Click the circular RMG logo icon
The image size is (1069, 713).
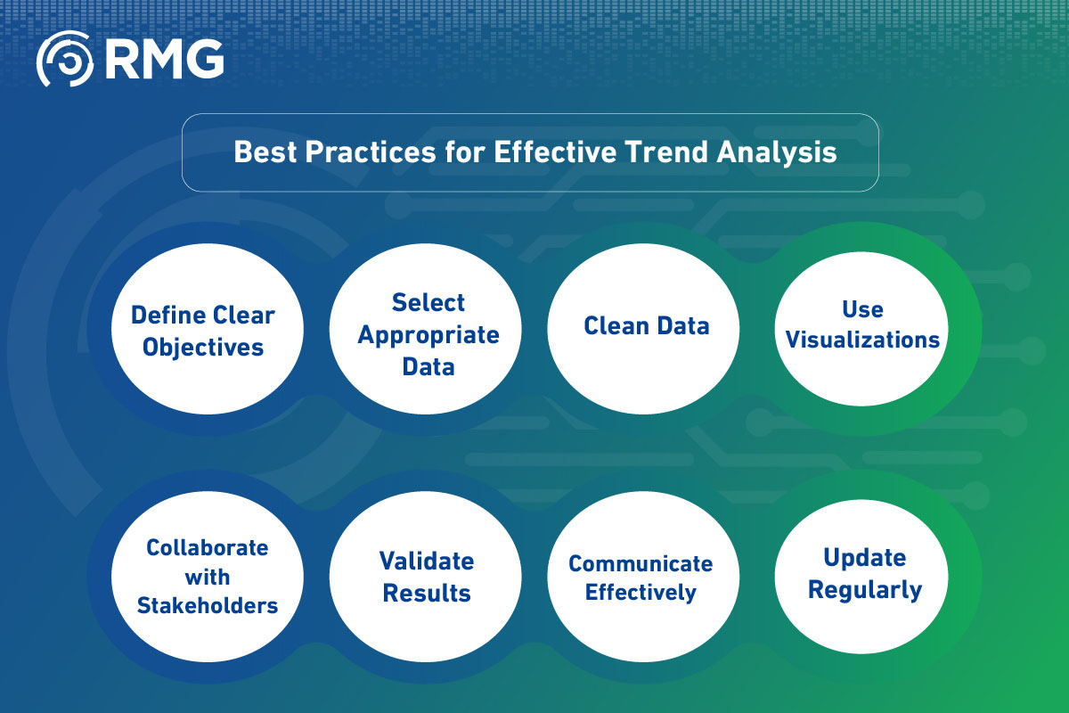coord(65,59)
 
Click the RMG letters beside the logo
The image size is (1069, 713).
coord(165,59)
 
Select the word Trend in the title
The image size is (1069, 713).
coord(666,152)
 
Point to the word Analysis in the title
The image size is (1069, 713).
coord(777,152)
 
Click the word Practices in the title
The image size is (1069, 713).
coord(371,152)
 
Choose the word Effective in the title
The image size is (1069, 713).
coord(555,152)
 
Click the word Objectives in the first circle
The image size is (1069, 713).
coord(203,348)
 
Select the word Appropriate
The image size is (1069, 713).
coord(428,336)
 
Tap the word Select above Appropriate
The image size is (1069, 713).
coord(428,302)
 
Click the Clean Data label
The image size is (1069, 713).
coord(647,325)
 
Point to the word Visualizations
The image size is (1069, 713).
coord(862,340)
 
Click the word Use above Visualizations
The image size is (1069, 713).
coord(862,309)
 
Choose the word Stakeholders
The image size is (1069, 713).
coord(207,605)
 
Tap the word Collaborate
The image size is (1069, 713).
coord(207,548)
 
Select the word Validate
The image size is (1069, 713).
coord(427,561)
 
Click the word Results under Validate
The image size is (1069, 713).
coord(427,594)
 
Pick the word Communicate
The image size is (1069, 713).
coord(641,563)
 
